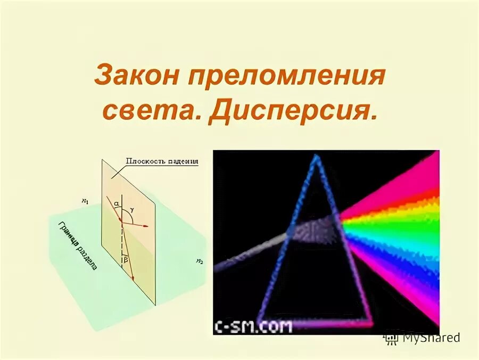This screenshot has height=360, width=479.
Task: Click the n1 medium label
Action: [85, 201]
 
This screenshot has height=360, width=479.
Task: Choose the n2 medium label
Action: [199, 261]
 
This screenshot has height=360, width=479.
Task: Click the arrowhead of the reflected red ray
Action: [145, 226]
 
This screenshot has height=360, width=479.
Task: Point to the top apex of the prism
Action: [317, 157]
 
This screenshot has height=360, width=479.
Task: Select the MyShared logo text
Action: [430, 337]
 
